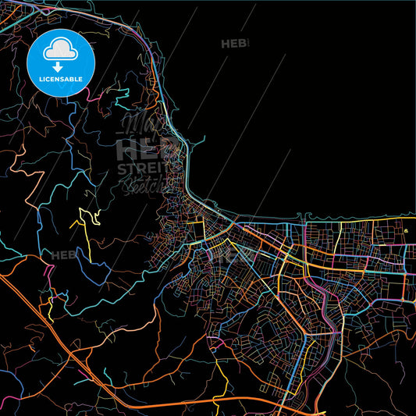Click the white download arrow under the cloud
pos(58,66)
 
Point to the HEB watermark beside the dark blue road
pos(64,254)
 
